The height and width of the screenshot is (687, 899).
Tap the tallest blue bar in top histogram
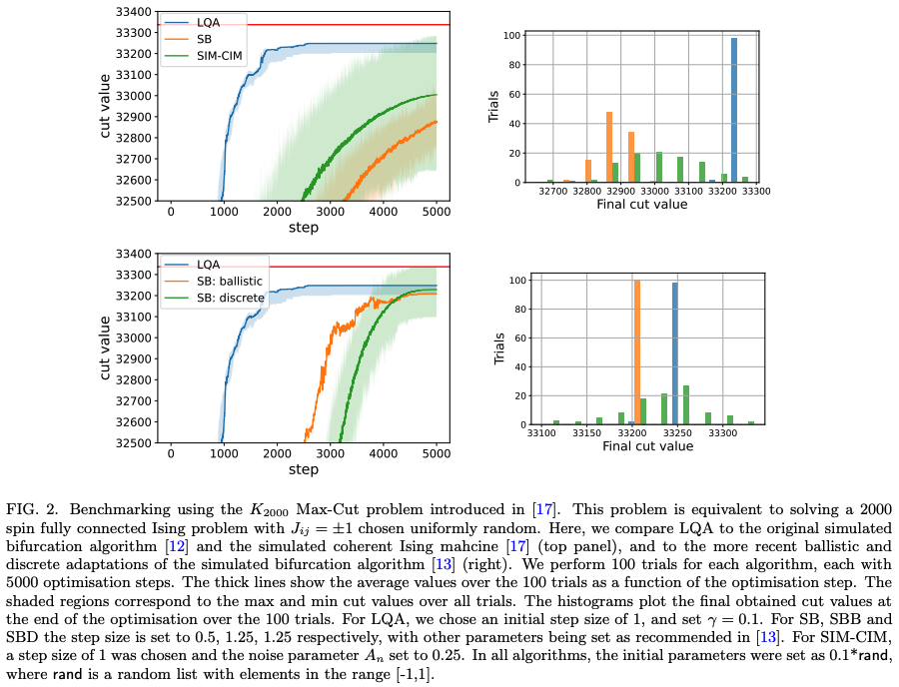(x=733, y=110)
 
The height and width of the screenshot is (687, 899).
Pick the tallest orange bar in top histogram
(x=609, y=147)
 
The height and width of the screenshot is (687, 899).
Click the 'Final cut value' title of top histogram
(x=641, y=204)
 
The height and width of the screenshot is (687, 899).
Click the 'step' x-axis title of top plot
(x=304, y=228)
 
